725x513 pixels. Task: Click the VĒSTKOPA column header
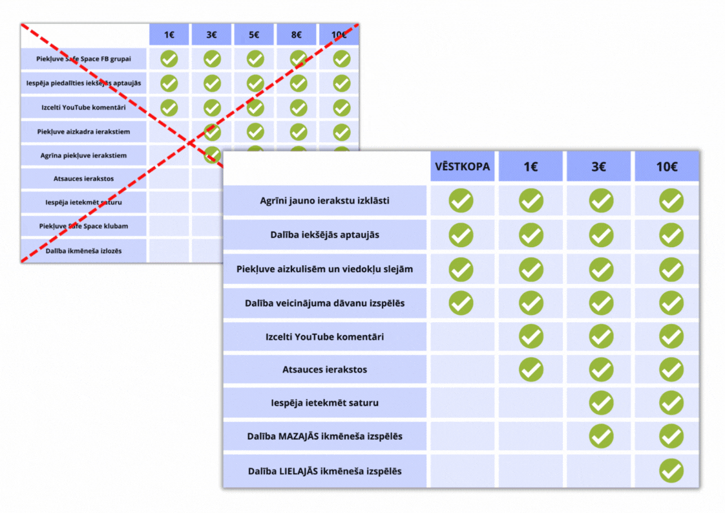[x=462, y=167]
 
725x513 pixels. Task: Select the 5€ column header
[x=255, y=35]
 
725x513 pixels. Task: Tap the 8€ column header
[x=297, y=35]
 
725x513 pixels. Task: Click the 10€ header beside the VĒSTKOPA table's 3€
[x=667, y=167]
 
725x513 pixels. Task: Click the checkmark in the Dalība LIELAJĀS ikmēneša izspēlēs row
[x=671, y=470]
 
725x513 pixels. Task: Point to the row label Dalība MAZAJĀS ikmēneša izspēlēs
[x=325, y=436]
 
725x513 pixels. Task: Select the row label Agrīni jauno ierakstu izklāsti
[x=325, y=201]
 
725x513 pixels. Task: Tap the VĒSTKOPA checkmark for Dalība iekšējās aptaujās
[x=461, y=235]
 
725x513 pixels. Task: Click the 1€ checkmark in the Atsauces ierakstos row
[x=531, y=369]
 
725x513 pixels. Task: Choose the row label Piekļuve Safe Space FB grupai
[x=84, y=59]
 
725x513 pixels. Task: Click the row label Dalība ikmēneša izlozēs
[x=84, y=250]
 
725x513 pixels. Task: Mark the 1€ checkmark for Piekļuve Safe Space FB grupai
[x=169, y=59]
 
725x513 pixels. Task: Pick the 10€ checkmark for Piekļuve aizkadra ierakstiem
[x=342, y=132]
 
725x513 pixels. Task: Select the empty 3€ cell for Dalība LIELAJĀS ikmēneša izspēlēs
[x=600, y=471]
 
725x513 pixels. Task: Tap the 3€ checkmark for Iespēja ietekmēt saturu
[x=601, y=403]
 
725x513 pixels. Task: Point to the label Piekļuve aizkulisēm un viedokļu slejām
[x=325, y=268]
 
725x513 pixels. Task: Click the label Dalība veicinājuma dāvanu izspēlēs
[x=325, y=303]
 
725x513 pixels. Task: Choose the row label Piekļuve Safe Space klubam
[x=84, y=226]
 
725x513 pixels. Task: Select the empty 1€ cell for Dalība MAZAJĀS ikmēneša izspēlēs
[x=531, y=437]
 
